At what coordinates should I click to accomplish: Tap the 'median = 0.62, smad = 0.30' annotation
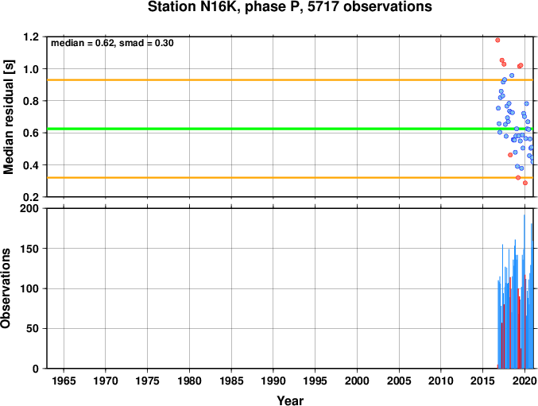(x=112, y=43)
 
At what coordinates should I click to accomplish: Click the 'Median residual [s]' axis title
(x=8, y=118)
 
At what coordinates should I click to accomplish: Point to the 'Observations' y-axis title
(x=6, y=288)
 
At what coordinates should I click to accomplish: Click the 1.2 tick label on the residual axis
(x=31, y=37)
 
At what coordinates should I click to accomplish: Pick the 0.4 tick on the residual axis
(x=31, y=165)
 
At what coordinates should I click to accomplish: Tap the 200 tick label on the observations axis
(x=29, y=208)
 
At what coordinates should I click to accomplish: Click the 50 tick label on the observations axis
(x=33, y=328)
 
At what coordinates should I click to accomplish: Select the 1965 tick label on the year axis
(x=64, y=381)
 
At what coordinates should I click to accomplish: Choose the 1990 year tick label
(x=273, y=381)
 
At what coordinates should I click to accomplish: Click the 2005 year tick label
(x=399, y=381)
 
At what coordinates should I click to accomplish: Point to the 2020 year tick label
(x=524, y=381)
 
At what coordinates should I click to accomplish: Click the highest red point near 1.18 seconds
(x=497, y=40)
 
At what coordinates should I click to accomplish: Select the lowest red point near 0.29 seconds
(x=525, y=183)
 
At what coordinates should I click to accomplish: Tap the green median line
(x=290, y=129)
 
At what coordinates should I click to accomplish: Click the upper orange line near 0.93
(x=290, y=80)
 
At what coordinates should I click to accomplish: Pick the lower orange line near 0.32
(x=290, y=178)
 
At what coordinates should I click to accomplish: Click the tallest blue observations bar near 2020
(x=524, y=292)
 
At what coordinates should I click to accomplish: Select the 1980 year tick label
(x=189, y=381)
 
